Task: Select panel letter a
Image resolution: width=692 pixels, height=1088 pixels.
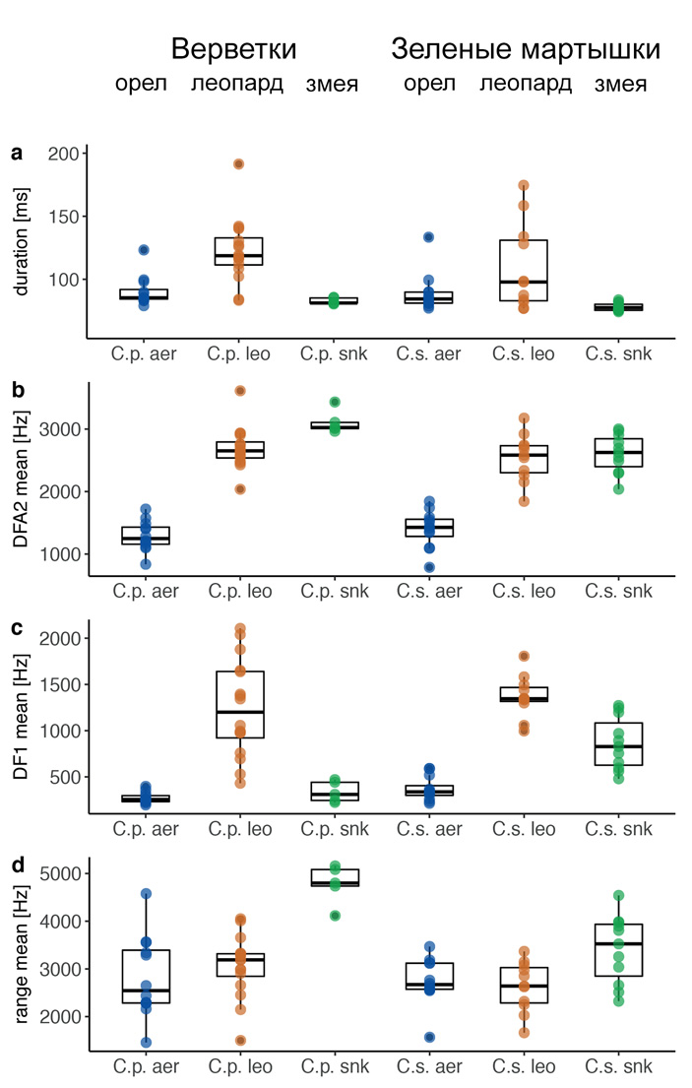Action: pos(17,153)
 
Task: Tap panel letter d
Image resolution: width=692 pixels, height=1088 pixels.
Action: pos(17,867)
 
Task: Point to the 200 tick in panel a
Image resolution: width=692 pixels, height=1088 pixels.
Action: pos(62,154)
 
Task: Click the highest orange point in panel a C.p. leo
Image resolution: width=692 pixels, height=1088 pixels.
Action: pos(238,164)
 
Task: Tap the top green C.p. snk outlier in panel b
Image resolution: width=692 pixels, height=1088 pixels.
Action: pos(334,402)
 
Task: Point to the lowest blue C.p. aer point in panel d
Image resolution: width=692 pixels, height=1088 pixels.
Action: pos(144,1042)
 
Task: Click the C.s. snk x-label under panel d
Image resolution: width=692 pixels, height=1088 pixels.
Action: pos(620,1066)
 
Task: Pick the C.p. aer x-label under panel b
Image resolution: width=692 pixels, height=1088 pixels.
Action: pos(144,592)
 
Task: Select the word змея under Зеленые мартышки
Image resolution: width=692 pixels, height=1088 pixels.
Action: pos(620,84)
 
